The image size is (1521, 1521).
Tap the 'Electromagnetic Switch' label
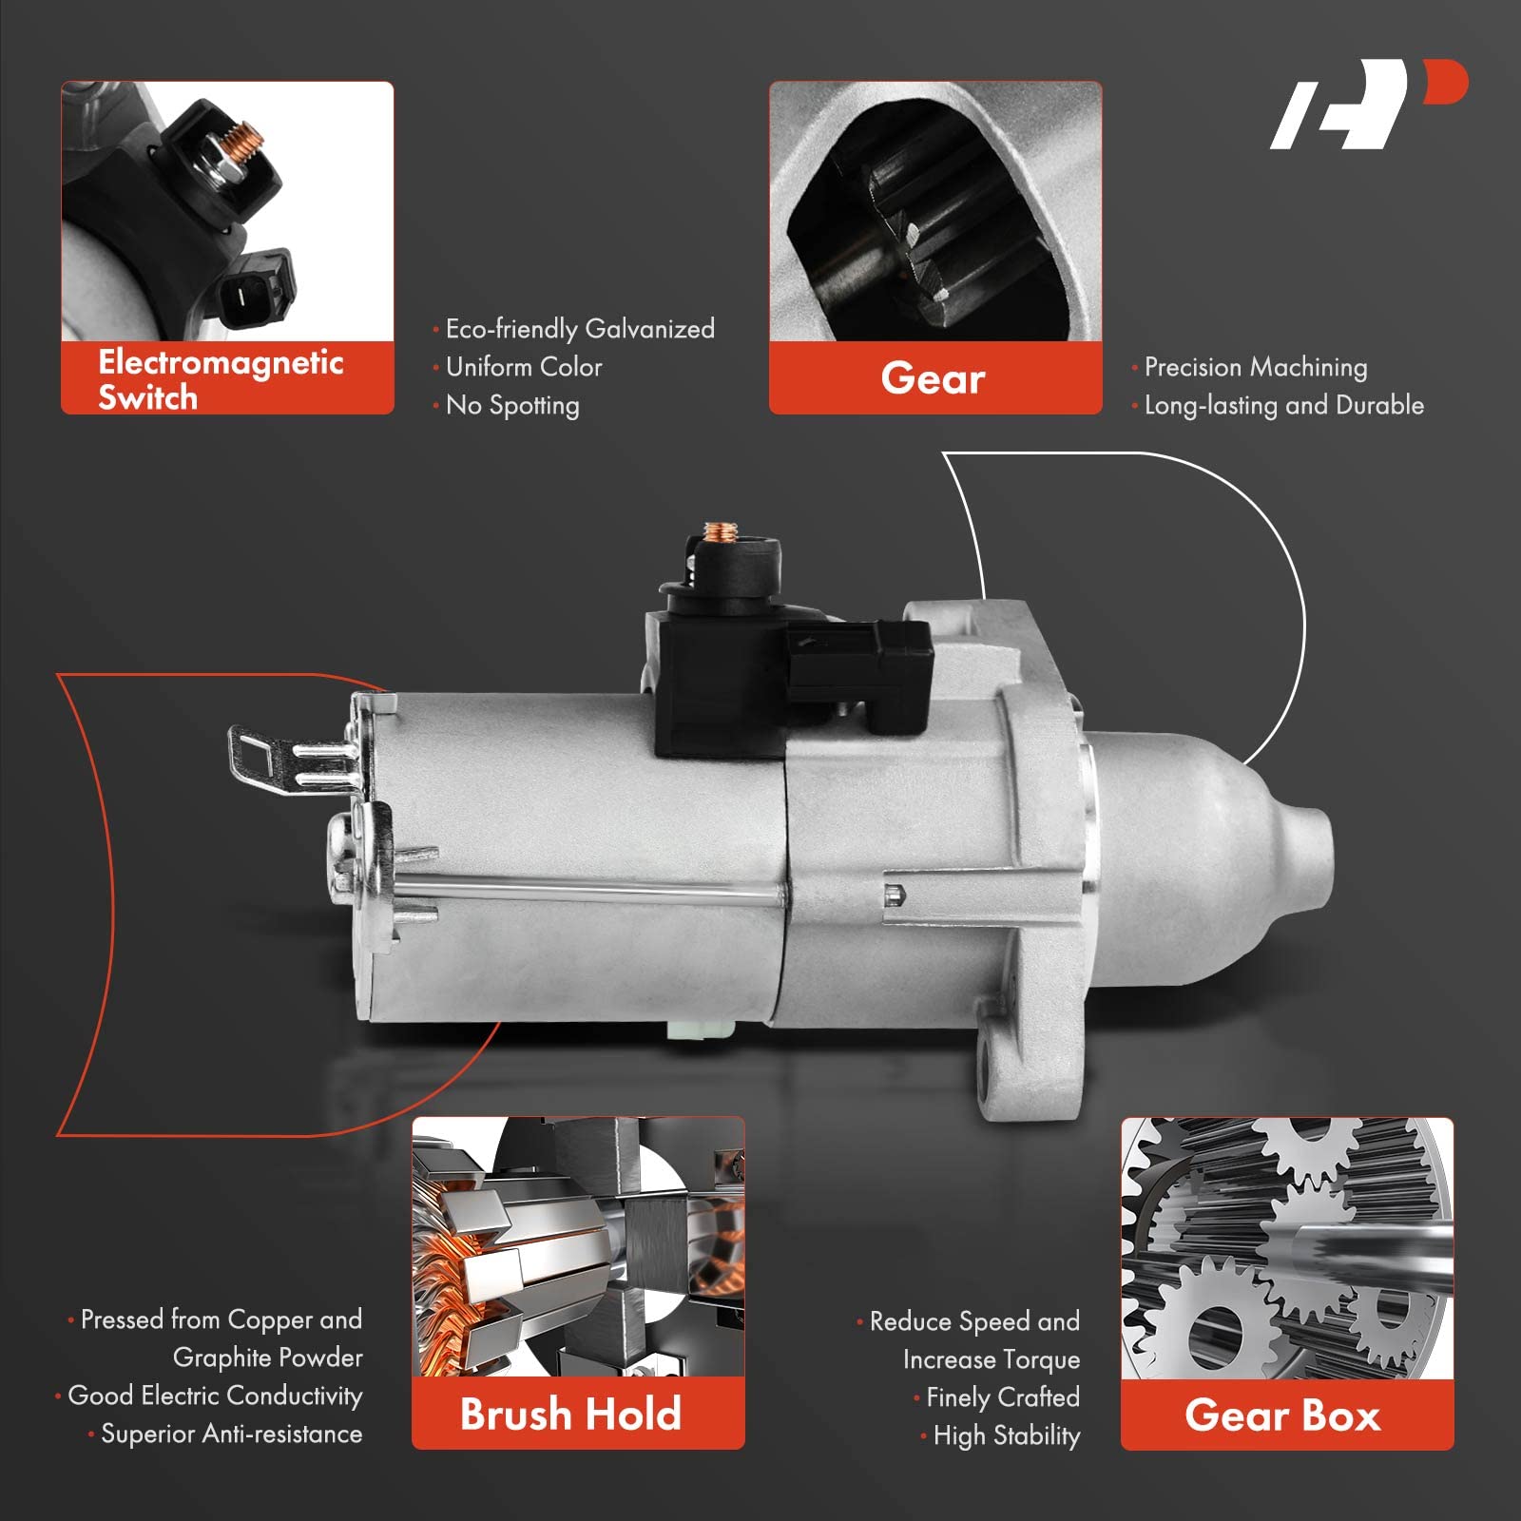click(x=221, y=378)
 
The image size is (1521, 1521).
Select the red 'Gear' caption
click(x=934, y=378)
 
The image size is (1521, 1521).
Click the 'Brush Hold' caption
click(x=570, y=1415)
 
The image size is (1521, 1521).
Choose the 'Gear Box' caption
click(x=1282, y=1415)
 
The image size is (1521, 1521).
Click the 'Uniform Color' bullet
click(x=524, y=367)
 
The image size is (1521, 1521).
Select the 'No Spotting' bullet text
click(x=512, y=405)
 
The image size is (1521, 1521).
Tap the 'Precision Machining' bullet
click(x=1256, y=367)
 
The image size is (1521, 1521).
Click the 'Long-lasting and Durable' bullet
click(x=1283, y=405)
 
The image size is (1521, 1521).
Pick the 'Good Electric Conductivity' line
click(x=215, y=1396)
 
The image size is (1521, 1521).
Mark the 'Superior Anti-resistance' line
click(x=231, y=1434)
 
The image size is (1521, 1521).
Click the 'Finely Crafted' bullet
click(x=1003, y=1397)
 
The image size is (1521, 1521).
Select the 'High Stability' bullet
click(x=1007, y=1435)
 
